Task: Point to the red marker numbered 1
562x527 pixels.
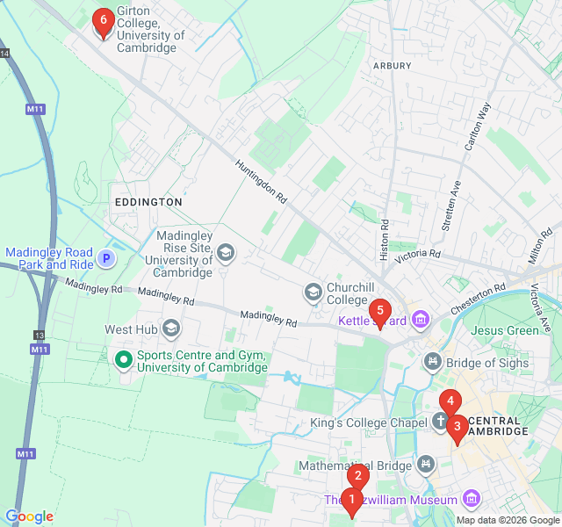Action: [x=351, y=502]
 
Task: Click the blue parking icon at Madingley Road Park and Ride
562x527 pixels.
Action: [x=106, y=258]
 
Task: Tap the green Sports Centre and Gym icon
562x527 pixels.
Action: [x=124, y=359]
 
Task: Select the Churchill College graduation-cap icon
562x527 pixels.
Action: [x=313, y=291]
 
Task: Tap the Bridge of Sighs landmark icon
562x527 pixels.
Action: [x=432, y=361]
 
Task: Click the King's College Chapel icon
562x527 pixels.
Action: [x=440, y=422]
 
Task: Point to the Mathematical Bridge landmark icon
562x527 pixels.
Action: [x=426, y=463]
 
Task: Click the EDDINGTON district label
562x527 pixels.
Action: [x=148, y=202]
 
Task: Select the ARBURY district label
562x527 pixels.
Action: [x=392, y=66]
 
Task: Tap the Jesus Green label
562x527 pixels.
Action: [x=505, y=331]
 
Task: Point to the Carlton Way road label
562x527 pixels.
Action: [x=478, y=128]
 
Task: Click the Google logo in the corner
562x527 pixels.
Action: [x=29, y=516]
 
